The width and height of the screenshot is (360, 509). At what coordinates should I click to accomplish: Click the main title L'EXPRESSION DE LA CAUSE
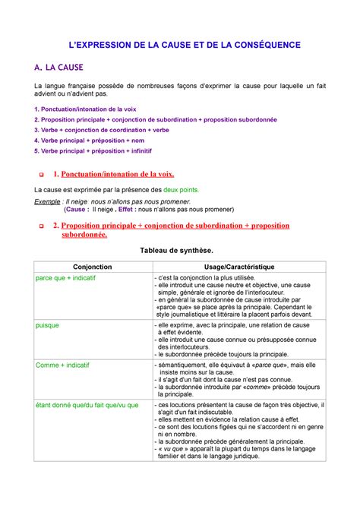180,46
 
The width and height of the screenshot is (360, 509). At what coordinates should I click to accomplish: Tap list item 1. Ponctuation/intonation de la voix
90,109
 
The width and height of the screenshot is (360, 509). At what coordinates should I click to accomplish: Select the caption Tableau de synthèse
179,250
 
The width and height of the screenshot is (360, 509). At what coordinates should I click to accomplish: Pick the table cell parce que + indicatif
68,278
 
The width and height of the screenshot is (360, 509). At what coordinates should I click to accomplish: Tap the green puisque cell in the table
48,324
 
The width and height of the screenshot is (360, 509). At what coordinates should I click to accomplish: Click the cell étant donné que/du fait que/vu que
87,405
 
